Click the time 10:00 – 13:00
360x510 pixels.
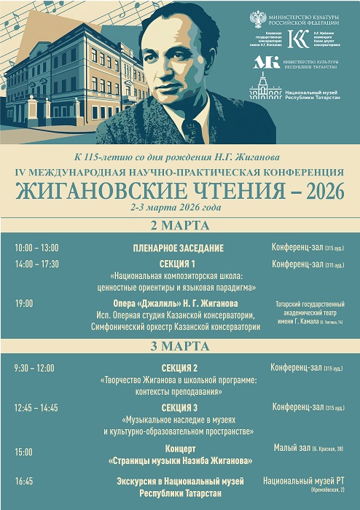click(36, 248)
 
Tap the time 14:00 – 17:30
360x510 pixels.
click(36, 264)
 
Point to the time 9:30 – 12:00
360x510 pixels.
click(34, 368)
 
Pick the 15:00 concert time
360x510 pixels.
click(24, 452)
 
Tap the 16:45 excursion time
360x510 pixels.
click(24, 482)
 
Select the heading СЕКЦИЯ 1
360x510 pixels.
click(177, 264)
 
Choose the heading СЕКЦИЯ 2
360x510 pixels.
click(179, 368)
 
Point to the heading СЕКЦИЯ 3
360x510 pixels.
click(179, 407)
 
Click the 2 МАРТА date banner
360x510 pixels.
click(179, 224)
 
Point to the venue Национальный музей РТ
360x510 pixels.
click(302, 481)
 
